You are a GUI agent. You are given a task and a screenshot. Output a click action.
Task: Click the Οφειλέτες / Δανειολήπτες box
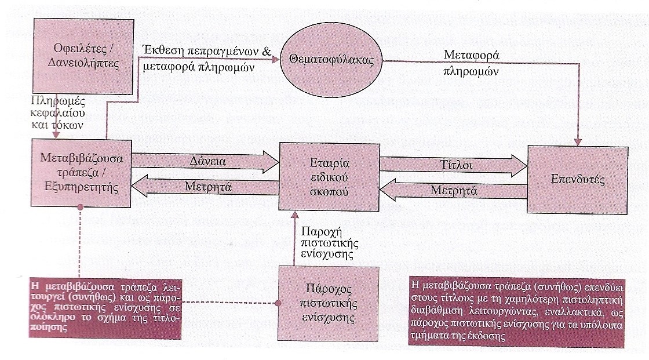pos(83,56)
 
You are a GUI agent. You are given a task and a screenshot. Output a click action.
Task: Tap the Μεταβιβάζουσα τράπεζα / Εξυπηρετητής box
pos(81,173)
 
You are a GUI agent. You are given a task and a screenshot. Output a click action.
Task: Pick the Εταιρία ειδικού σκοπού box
pos(330,177)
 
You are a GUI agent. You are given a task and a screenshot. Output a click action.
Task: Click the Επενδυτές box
pos(577,179)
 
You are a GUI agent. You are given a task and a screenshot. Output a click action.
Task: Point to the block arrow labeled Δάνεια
pos(205,161)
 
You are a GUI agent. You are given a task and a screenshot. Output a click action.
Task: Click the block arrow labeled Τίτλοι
pos(453,165)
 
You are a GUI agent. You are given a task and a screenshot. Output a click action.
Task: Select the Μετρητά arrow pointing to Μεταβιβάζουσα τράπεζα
pos(205,186)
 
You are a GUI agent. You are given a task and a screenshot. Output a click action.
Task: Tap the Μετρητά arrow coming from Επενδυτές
pos(453,190)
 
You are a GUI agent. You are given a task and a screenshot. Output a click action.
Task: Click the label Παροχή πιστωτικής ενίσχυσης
pos(330,242)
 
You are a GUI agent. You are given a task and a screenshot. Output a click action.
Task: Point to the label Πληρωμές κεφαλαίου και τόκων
pos(58,112)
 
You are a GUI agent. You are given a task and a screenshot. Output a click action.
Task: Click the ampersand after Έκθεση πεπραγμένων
pos(267,51)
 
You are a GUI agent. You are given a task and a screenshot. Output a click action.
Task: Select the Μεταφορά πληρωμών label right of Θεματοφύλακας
pos(471,63)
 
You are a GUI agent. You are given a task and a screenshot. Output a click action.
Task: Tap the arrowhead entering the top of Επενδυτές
pos(578,141)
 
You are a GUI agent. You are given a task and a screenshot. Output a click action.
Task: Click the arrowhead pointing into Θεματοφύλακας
pos(276,60)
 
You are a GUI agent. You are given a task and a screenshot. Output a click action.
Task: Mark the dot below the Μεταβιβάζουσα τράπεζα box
pos(81,207)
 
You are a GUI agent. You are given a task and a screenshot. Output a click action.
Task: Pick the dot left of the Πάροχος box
pos(278,303)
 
